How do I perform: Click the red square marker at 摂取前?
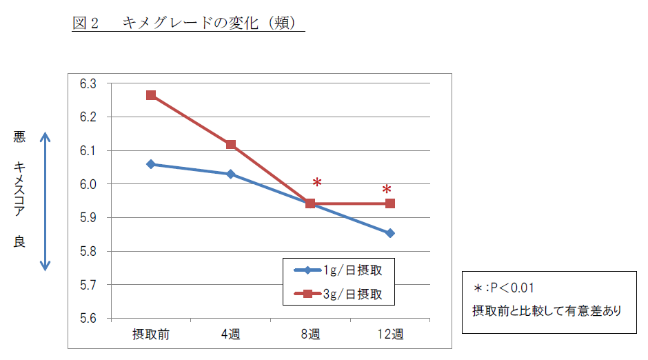click(151, 95)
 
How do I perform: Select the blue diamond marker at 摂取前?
click(151, 164)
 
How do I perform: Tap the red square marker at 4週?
click(230, 145)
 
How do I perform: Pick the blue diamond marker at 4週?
click(230, 174)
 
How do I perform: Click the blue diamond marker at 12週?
click(390, 233)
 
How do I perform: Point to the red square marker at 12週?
click(390, 203)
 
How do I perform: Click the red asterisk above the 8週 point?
click(317, 183)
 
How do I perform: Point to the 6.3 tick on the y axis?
click(88, 84)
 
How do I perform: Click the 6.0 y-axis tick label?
click(88, 184)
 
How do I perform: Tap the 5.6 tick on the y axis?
click(88, 318)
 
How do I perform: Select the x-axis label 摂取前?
click(151, 335)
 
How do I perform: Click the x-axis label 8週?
click(310, 335)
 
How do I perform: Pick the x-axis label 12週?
click(390, 335)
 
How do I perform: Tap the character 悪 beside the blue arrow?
click(19, 137)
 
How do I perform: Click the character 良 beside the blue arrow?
click(19, 242)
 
